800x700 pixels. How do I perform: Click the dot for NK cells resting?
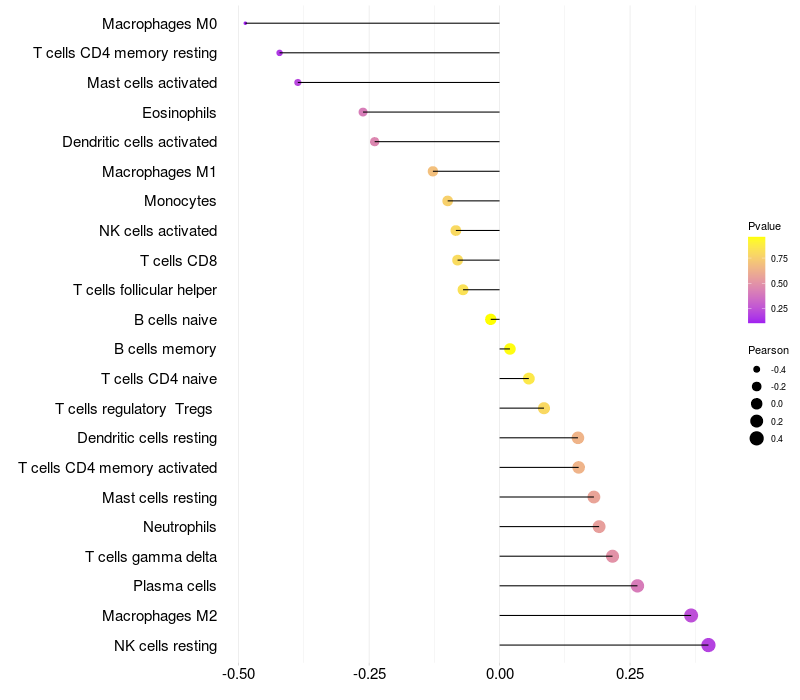708,645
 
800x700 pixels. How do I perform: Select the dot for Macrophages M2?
691,616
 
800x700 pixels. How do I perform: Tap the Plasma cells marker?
637,586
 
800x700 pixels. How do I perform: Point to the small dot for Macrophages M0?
245,23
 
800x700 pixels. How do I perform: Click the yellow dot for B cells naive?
490,320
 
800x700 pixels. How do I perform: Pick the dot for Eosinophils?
363,112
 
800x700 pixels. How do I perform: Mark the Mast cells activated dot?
298,82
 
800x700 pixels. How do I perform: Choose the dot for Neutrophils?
599,527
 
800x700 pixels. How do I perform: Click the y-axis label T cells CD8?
178,261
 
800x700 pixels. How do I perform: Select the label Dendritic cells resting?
147,438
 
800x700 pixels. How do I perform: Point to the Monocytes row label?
180,201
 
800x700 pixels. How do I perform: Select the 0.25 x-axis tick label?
630,675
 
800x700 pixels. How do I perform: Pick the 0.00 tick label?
499,675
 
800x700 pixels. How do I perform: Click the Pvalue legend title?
764,226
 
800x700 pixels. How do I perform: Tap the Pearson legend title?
768,351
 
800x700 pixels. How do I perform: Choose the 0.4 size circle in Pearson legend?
757,438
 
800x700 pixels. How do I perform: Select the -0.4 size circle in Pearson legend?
757,370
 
